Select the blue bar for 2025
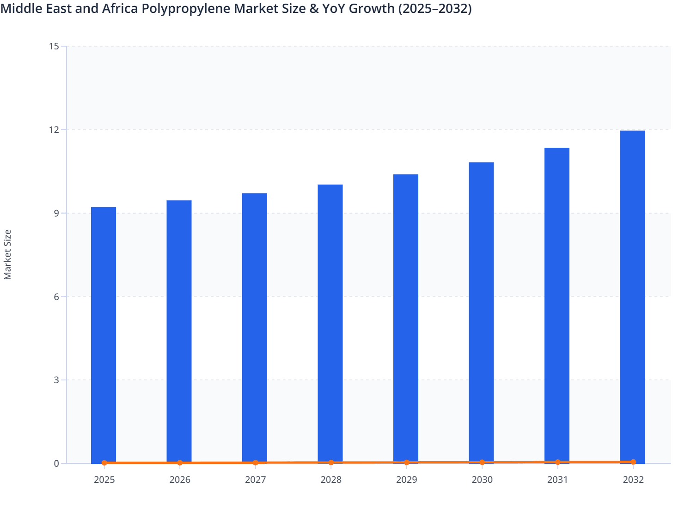click(104, 335)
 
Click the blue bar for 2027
click(255, 328)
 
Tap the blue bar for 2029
click(406, 319)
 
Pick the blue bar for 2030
click(481, 313)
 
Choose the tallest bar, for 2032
click(632, 297)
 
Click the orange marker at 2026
click(180, 463)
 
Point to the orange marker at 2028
click(331, 463)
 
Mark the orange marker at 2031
click(557, 462)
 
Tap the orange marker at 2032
click(633, 462)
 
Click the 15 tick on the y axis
click(54, 46)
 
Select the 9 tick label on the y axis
click(56, 213)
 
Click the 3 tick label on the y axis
click(56, 380)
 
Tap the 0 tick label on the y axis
click(56, 463)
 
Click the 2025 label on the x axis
click(104, 480)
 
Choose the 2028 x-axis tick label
click(331, 480)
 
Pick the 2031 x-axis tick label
click(557, 480)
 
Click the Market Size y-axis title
click(7, 255)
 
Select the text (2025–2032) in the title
click(435, 8)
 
